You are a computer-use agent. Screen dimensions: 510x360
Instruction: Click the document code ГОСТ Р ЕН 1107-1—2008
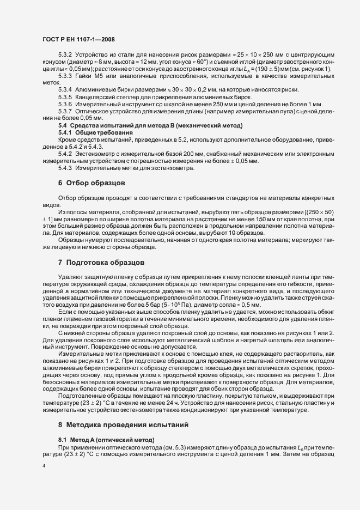point(78,39)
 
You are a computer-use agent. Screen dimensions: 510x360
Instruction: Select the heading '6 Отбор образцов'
point(92,184)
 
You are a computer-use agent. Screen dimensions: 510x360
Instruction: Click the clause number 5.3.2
point(65,55)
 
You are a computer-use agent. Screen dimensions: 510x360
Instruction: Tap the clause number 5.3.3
point(65,75)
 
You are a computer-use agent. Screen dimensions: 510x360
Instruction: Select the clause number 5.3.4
point(65,89)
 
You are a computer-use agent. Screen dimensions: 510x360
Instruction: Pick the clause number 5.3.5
point(65,96)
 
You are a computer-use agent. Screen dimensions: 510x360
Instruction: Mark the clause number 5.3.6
point(65,104)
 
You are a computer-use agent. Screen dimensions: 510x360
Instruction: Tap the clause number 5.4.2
point(65,154)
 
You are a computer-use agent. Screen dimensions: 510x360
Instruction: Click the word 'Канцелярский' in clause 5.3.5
point(96,96)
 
